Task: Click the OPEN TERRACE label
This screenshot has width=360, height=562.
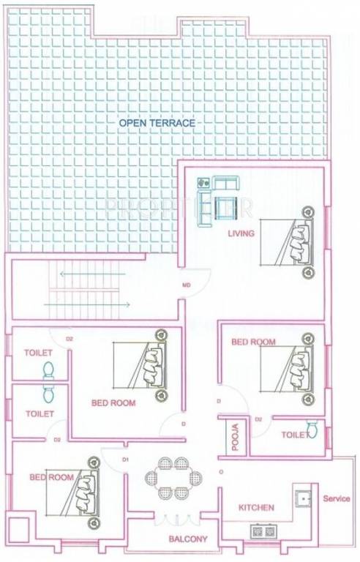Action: (x=157, y=123)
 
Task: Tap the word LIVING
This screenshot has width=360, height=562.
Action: (x=241, y=234)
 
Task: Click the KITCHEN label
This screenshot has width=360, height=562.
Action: (x=256, y=507)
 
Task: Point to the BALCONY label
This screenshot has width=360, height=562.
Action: (x=189, y=539)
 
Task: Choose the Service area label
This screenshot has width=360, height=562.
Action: (x=337, y=499)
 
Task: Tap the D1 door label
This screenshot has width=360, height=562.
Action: (x=125, y=460)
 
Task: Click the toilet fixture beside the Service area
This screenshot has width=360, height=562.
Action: (x=312, y=429)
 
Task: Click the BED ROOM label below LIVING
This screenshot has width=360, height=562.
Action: (x=253, y=342)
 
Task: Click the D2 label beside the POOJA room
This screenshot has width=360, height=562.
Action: (x=258, y=419)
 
